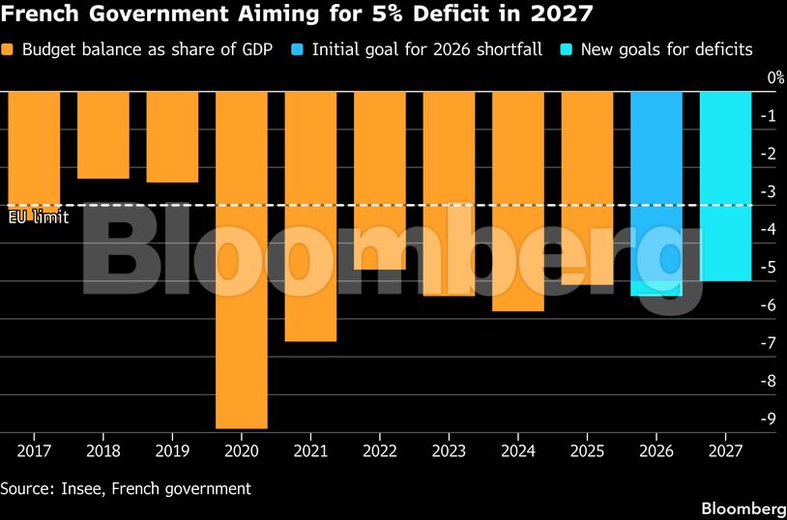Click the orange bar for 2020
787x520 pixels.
(x=242, y=260)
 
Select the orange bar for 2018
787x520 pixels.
(x=102, y=135)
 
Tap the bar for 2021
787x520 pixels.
(x=310, y=217)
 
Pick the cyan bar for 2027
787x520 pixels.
(x=725, y=187)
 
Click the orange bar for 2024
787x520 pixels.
(x=518, y=201)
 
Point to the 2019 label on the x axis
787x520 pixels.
(x=172, y=451)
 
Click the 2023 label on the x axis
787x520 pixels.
(x=449, y=451)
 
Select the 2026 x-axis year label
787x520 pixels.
(x=656, y=451)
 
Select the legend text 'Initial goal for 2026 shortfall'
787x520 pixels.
(x=427, y=49)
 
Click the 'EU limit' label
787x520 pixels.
(x=39, y=217)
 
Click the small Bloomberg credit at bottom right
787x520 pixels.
(x=743, y=508)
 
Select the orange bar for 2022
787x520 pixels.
(x=379, y=181)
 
